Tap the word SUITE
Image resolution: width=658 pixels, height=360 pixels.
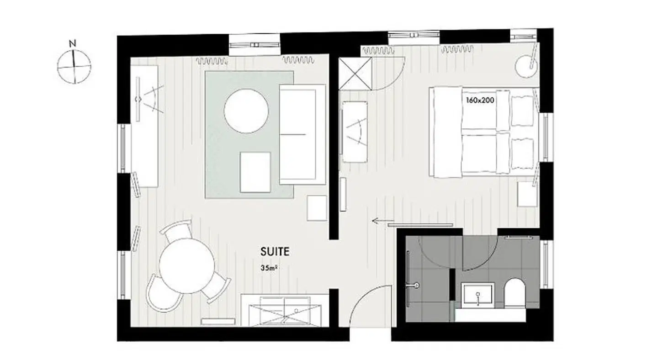click(275, 251)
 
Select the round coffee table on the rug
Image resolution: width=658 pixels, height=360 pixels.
click(246, 111)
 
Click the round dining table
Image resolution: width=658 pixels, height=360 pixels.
click(186, 266)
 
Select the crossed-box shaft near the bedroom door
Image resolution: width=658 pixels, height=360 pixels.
click(356, 74)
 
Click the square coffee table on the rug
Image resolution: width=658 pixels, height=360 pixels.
click(255, 172)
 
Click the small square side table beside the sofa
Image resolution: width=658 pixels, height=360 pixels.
click(317, 208)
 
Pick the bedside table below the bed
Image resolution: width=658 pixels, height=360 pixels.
click(527, 194)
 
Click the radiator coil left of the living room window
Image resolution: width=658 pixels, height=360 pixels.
click(212, 60)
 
